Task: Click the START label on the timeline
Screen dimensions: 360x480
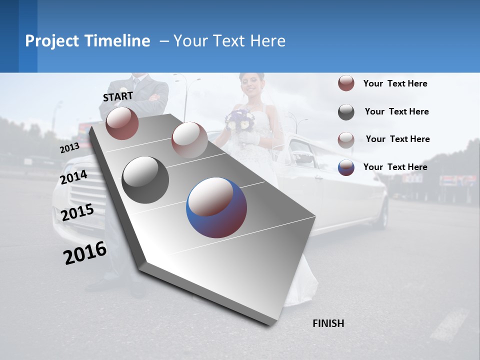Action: click(x=118, y=96)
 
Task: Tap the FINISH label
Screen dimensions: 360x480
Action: click(x=328, y=323)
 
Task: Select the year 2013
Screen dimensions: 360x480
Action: click(x=69, y=148)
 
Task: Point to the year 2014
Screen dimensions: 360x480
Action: click(x=74, y=177)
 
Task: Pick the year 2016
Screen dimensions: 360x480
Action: click(x=85, y=253)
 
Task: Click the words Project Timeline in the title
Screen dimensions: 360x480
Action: click(x=87, y=41)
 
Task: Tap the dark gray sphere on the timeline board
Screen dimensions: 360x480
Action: click(x=145, y=180)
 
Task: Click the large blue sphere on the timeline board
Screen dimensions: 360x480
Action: click(x=216, y=207)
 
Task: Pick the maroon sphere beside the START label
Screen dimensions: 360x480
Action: click(x=122, y=123)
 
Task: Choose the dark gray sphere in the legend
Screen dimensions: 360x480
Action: click(x=346, y=112)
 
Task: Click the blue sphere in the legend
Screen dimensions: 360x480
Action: click(x=346, y=167)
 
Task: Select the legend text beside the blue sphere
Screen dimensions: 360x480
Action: click(x=395, y=167)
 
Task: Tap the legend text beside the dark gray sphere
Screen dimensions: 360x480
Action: click(x=396, y=111)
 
